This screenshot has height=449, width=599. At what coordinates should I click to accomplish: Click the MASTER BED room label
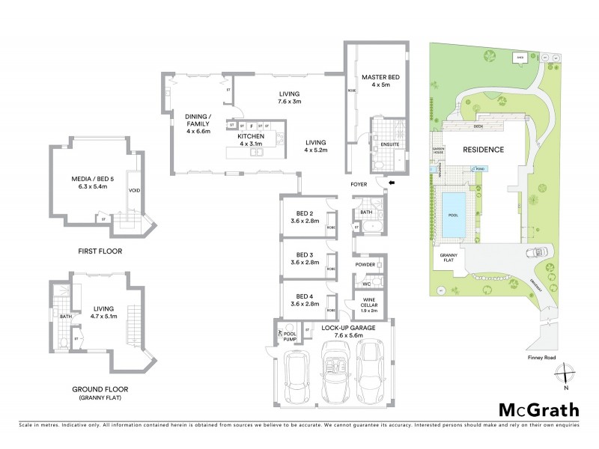(377, 81)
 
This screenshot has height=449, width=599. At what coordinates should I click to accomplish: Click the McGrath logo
(538, 409)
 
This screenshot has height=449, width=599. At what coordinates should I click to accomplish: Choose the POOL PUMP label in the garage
(290, 337)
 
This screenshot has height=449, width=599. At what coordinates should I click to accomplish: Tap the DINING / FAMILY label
(198, 123)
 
